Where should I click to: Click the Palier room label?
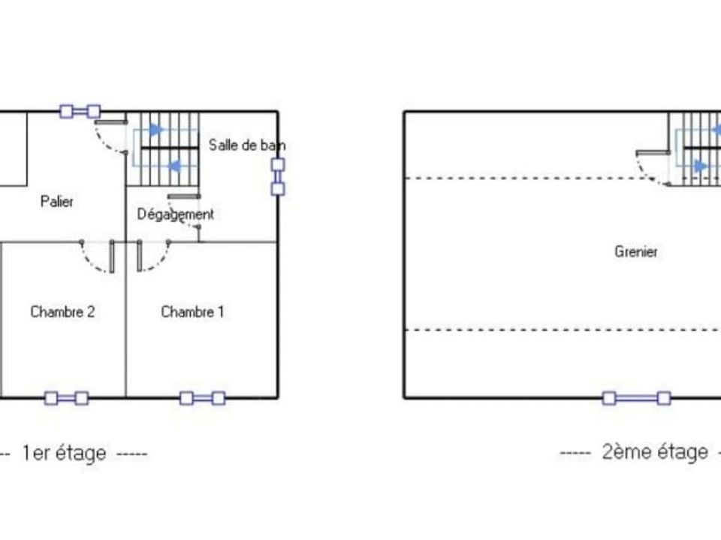coord(57,202)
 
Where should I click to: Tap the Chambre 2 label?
coord(62,312)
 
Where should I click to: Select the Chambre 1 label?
coord(193,312)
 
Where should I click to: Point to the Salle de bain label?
coord(247,145)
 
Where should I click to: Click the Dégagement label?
coord(176,214)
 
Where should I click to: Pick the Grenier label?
coord(636,252)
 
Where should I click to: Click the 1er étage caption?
coord(65,453)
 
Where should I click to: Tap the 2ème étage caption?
coord(655,452)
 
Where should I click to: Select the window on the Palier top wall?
coord(80,111)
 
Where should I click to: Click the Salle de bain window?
coord(278,177)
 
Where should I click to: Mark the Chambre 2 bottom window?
coord(67,398)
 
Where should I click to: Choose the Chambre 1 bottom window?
coord(203,398)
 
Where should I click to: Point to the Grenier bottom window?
coord(636,398)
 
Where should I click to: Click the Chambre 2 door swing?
coord(91,263)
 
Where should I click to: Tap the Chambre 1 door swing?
coord(158,263)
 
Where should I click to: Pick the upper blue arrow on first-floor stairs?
coord(156,130)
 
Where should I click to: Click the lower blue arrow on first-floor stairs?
coord(174,166)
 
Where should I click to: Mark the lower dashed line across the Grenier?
coord(563,330)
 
